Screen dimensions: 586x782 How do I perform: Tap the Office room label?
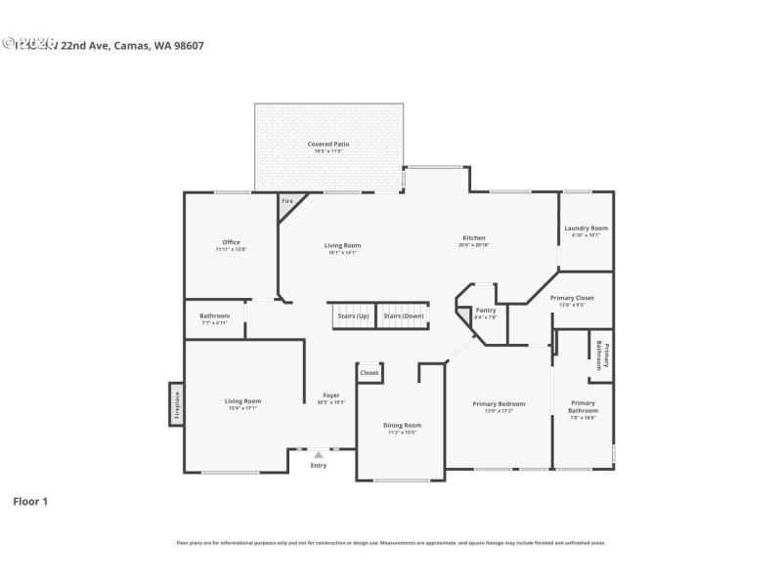tap(231, 243)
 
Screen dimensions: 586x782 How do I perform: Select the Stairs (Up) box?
tap(353, 316)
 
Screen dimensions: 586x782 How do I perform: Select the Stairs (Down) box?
tap(403, 316)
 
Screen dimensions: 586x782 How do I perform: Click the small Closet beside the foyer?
tap(369, 373)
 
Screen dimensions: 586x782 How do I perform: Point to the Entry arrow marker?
tap(319, 454)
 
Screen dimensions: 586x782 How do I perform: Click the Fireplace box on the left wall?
tap(177, 404)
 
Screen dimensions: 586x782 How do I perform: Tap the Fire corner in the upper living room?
tap(288, 202)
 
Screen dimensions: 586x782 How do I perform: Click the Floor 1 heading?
tap(30, 501)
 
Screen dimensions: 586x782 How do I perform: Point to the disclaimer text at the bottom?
tap(391, 542)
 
